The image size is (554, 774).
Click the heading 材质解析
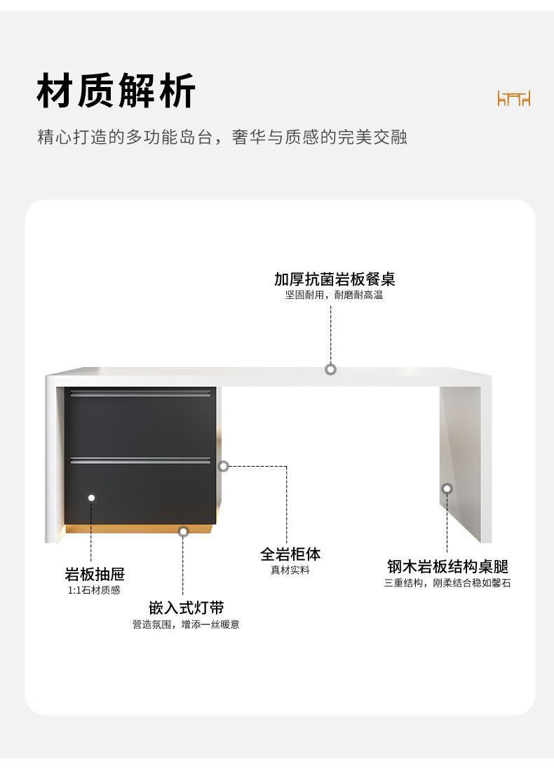[x=116, y=91]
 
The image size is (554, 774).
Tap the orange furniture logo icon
[x=513, y=98]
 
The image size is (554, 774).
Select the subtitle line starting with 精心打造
[x=222, y=137]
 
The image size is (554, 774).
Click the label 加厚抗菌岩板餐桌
[x=335, y=279]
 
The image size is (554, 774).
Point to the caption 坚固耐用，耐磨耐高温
[x=334, y=295]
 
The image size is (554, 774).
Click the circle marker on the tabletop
[x=330, y=369]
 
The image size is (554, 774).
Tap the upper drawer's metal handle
[x=140, y=393]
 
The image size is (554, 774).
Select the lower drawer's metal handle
[x=140, y=460]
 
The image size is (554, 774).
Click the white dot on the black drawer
[x=91, y=498]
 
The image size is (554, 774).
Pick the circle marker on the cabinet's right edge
[x=223, y=466]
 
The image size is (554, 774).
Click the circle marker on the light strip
[x=183, y=531]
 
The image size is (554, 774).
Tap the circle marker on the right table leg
[x=447, y=488]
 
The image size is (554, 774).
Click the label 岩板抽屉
[x=95, y=575]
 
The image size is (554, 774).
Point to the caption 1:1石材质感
[x=94, y=591]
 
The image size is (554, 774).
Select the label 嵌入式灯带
[x=186, y=608]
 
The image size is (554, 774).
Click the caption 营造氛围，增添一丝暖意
[x=186, y=625]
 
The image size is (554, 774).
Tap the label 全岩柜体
[x=290, y=554]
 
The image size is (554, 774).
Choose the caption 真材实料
[x=290, y=570]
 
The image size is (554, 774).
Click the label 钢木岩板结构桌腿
[x=447, y=566]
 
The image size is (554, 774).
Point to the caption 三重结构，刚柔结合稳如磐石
[x=447, y=583]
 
